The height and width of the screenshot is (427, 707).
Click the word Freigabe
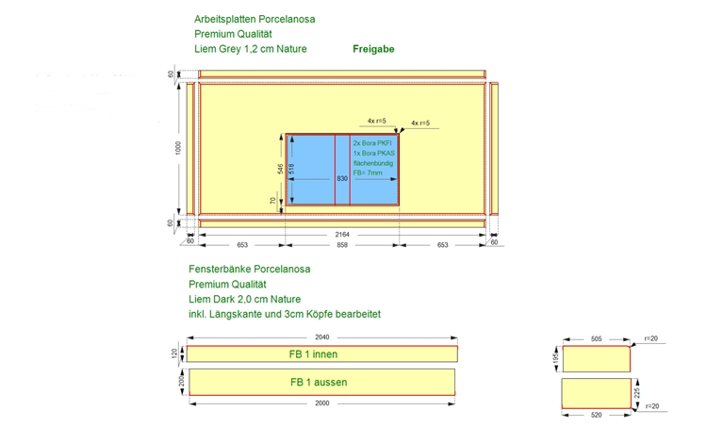coord(372,49)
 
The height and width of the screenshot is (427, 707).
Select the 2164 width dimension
coord(342,234)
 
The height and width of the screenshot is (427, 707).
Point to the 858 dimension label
coord(342,245)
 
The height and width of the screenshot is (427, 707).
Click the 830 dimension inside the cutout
coord(342,177)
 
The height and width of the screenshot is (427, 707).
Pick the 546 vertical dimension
coord(280,168)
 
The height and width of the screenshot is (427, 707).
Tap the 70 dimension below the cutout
coord(272,201)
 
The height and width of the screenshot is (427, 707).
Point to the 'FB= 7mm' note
coord(368,173)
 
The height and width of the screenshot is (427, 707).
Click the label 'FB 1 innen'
coord(314,354)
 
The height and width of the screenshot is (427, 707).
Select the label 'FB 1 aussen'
coord(318,383)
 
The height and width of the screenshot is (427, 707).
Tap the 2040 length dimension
coord(321,337)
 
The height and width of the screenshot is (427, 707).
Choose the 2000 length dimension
coord(322,403)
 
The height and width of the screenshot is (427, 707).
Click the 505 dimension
coord(596,336)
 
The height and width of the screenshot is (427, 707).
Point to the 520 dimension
coord(596,415)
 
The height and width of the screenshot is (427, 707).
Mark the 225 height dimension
coord(637,391)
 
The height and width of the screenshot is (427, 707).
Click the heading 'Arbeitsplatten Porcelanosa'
coord(255,19)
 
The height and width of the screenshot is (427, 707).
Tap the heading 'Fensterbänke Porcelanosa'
coord(249,269)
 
